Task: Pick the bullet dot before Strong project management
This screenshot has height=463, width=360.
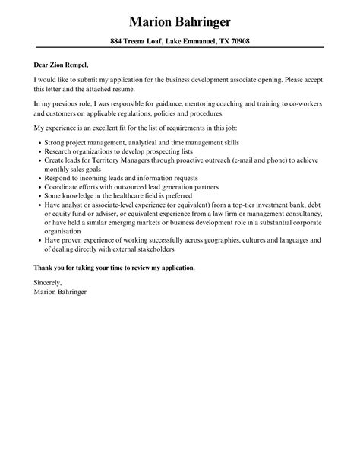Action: point(39,141)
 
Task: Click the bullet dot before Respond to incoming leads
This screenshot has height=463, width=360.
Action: point(39,181)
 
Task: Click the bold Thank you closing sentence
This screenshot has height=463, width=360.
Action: point(115,268)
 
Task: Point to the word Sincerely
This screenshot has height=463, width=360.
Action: point(49,283)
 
